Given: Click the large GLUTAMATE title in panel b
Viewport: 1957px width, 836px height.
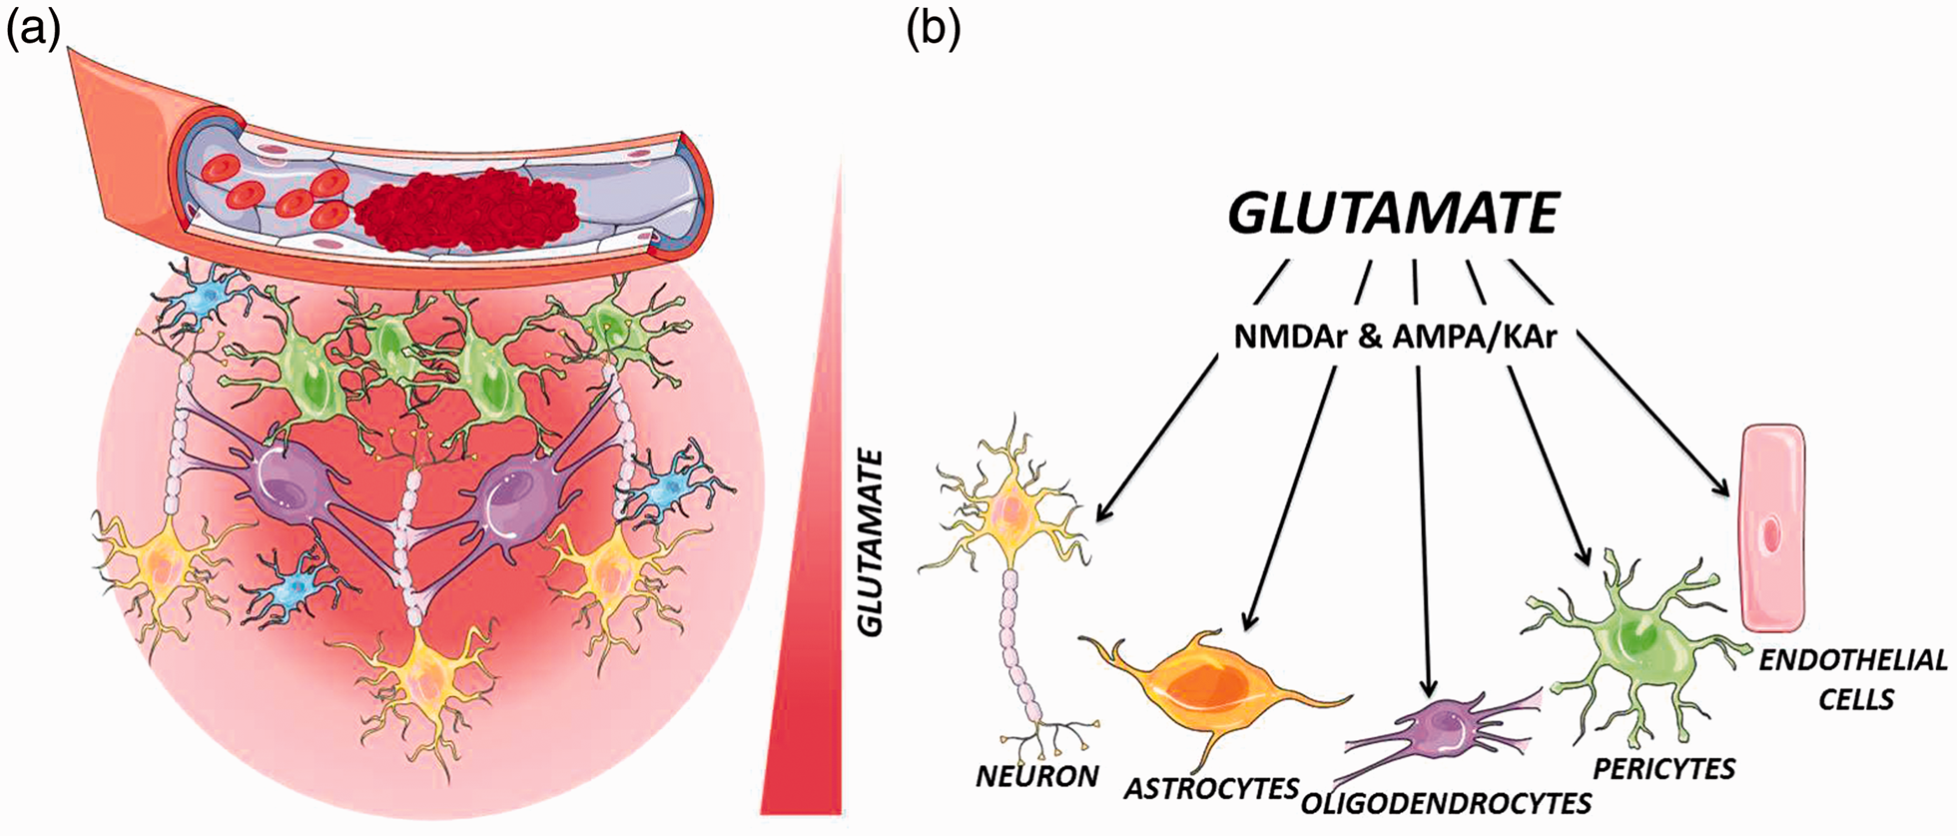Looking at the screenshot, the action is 1394,213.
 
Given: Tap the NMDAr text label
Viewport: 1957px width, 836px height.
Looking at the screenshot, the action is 1293,338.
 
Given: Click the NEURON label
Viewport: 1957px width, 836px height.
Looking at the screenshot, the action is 1037,775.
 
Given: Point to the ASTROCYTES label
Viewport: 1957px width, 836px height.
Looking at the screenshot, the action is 1211,787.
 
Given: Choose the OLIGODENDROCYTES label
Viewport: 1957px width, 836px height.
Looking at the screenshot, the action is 1447,802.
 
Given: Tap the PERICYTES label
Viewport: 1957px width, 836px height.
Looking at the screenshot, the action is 1664,768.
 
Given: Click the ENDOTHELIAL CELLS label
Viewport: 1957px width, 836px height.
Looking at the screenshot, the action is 1853,678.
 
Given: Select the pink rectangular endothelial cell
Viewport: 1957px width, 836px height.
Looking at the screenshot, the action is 1772,529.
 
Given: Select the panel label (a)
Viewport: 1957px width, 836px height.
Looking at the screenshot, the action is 33,32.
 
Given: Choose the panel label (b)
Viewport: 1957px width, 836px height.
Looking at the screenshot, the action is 933,32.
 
